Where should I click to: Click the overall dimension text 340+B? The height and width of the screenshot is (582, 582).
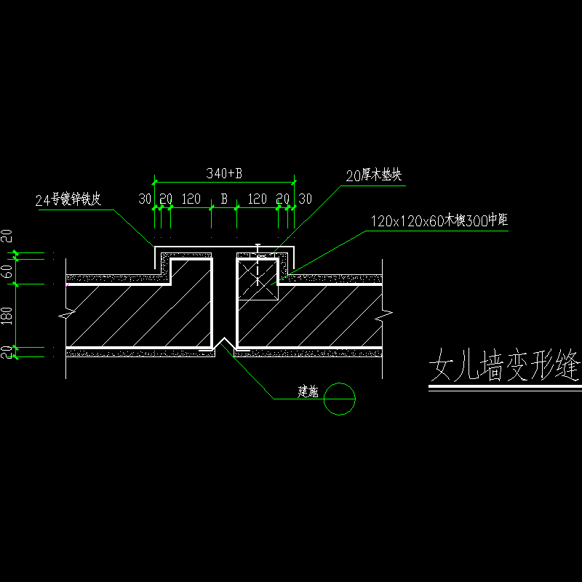223,174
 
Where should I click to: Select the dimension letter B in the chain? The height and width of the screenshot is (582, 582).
224,199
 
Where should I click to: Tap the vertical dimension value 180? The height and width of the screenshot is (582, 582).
7,315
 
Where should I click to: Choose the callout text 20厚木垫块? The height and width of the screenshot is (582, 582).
374,175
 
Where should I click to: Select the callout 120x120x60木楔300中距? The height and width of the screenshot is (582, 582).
438,220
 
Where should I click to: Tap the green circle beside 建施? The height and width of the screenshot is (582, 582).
340,399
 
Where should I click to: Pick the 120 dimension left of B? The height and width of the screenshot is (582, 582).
191,199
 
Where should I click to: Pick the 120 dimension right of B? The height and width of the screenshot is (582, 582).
257,199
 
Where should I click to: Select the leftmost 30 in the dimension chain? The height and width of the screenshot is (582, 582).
145,199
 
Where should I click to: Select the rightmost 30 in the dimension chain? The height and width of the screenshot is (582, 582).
305,199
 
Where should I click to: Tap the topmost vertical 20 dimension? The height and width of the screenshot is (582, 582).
7,236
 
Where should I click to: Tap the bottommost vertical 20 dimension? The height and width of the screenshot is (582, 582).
7,353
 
